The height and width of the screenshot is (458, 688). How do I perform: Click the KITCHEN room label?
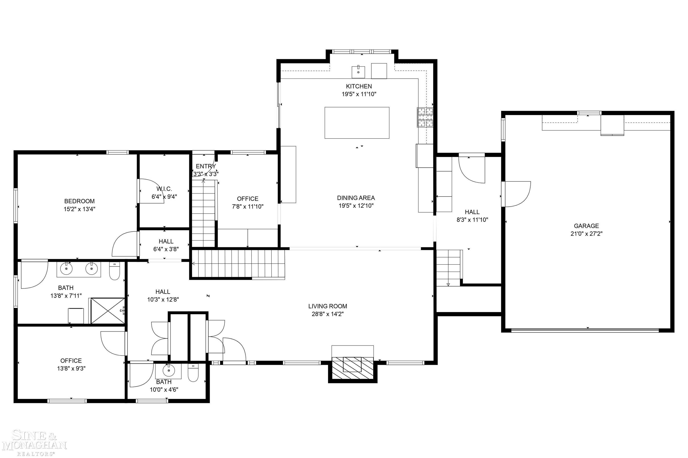click(359, 86)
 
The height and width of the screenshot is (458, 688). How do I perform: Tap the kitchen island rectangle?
click(357, 123)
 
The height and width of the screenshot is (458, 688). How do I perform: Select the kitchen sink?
click(358, 72)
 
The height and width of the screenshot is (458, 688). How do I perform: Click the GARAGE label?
click(586, 226)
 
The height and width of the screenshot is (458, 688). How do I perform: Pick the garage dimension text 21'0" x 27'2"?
click(586, 234)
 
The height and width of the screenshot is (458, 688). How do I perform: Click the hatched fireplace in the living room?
click(353, 368)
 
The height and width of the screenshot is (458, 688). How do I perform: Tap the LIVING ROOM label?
click(327, 306)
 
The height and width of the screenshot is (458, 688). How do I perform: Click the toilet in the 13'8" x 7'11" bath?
click(114, 271)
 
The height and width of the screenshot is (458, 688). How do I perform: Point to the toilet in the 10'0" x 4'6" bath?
click(193, 372)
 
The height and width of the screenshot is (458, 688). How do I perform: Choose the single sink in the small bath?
click(168, 371)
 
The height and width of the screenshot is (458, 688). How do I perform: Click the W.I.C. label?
click(164, 189)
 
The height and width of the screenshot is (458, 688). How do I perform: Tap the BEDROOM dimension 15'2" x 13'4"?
click(80, 209)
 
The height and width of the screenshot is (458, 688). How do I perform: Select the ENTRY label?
click(206, 166)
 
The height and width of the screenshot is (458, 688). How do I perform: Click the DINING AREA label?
click(356, 198)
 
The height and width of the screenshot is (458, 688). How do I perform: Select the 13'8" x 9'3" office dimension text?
click(71, 369)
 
